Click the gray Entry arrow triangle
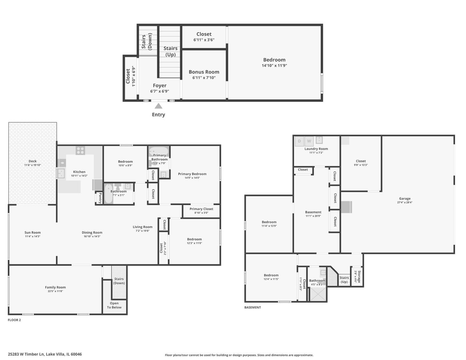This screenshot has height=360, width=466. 158,106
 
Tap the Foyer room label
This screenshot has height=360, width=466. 160,86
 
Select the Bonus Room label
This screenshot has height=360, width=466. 204,72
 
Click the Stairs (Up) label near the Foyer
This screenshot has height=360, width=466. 170,51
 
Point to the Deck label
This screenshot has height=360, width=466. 33,161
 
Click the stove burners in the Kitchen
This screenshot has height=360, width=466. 80,150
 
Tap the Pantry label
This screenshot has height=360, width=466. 100,198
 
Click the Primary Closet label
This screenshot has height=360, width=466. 201,209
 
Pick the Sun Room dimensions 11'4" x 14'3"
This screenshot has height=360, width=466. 32,237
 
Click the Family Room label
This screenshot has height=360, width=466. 55,287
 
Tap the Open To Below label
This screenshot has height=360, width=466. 114,305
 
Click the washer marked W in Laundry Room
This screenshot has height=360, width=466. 309,141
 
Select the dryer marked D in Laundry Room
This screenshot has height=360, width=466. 299,141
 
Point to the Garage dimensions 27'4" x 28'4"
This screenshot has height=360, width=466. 405,202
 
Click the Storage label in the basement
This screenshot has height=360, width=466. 357,276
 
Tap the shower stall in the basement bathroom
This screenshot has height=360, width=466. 317,294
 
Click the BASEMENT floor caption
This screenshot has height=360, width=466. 253,307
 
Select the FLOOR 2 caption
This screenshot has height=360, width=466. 14,320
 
